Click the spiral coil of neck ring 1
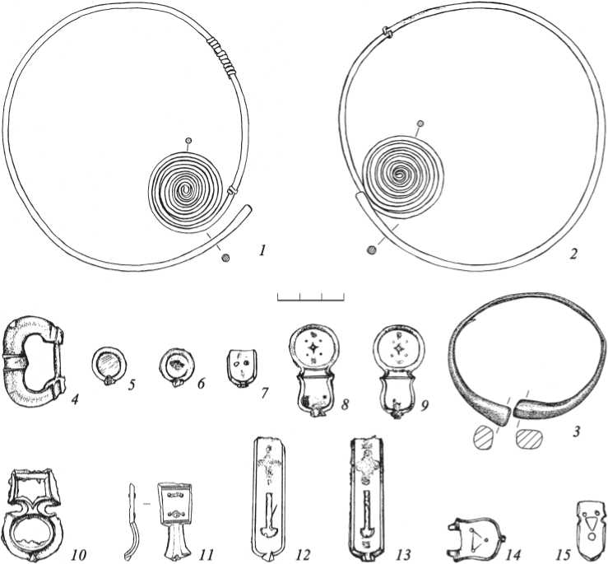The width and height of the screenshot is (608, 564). [x=186, y=190]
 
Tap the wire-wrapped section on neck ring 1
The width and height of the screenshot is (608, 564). [x=222, y=55]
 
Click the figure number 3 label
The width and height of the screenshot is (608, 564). [x=576, y=431]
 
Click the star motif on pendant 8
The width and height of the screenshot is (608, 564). [x=313, y=347]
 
